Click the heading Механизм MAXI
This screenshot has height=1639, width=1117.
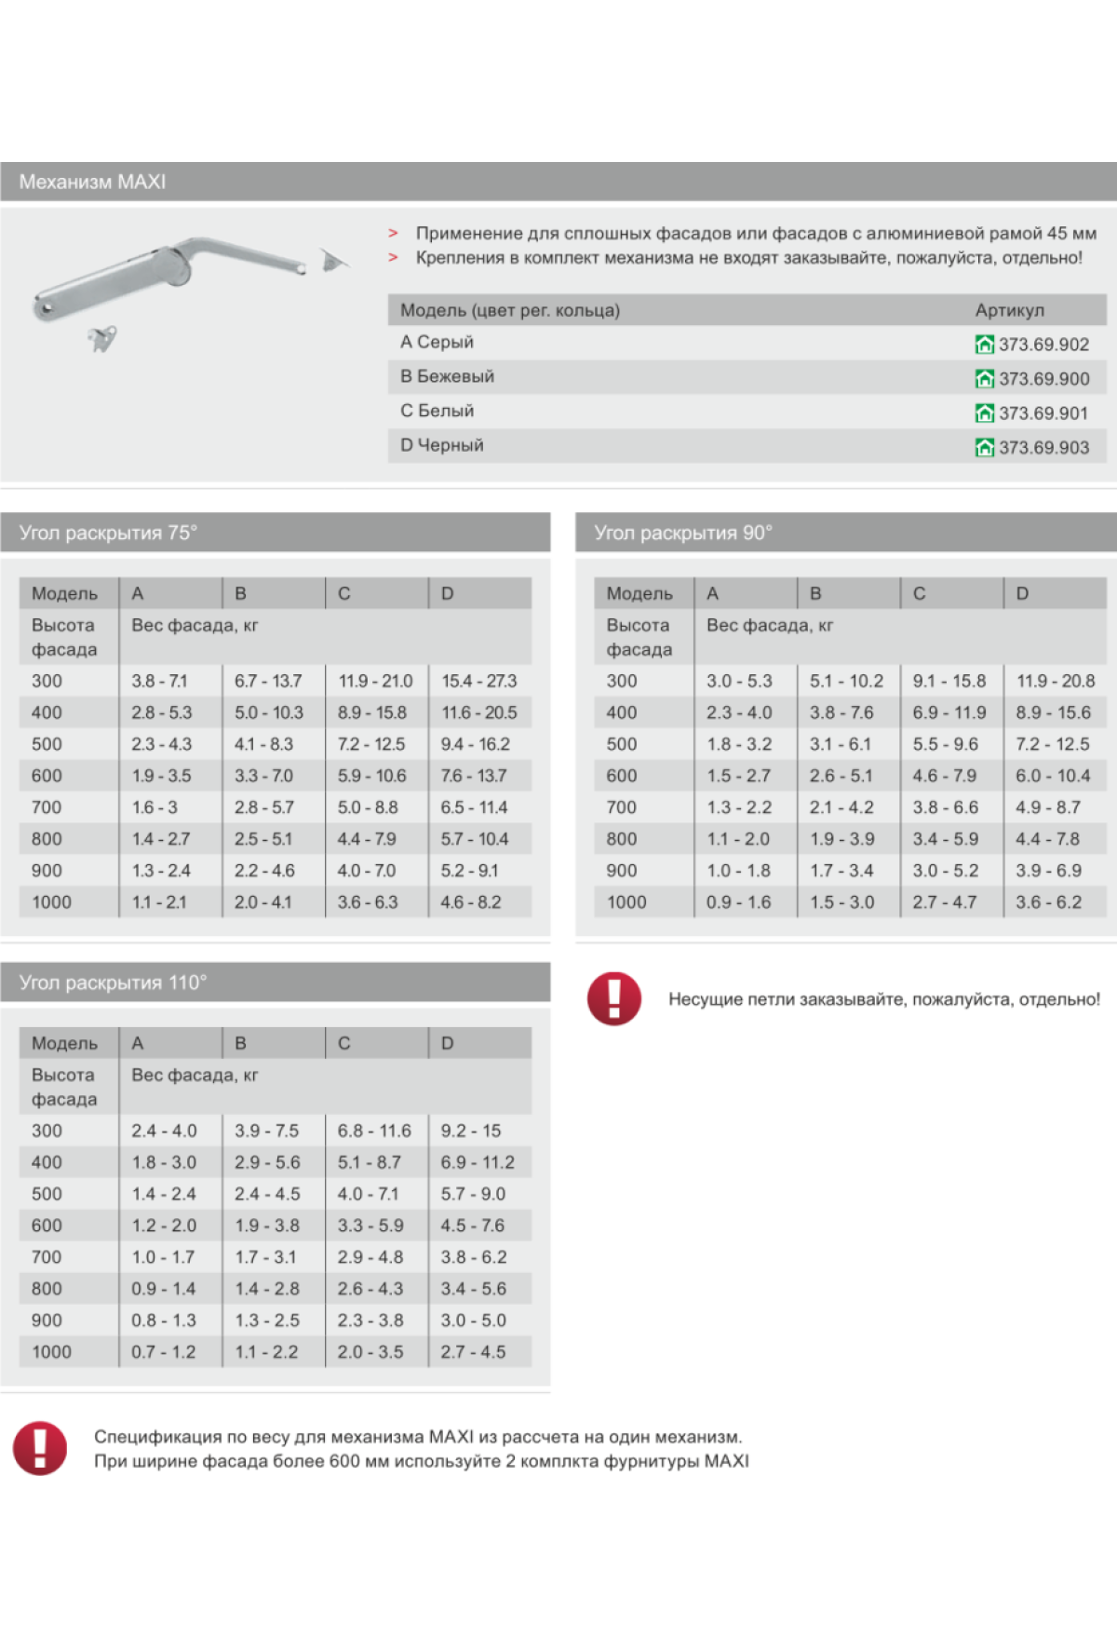pyautogui.click(x=92, y=183)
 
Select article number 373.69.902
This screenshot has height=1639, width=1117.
pyautogui.click(x=1043, y=345)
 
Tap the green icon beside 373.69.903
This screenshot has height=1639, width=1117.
pyautogui.click(x=984, y=448)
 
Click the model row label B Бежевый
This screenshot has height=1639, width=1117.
pyautogui.click(x=447, y=376)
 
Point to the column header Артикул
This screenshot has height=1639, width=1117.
pyautogui.click(x=1009, y=310)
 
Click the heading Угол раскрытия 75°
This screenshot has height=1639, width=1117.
pyautogui.click(x=108, y=533)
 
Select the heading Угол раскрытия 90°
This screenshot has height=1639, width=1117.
pyautogui.click(x=683, y=533)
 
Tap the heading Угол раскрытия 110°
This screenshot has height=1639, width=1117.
pyautogui.click(x=113, y=982)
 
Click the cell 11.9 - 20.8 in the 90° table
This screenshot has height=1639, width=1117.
pyautogui.click(x=1055, y=681)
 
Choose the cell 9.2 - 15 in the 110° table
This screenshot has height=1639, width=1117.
pyautogui.click(x=470, y=1131)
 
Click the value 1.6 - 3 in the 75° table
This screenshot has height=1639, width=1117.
pyautogui.click(x=155, y=807)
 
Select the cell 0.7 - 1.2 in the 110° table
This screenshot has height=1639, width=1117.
pyautogui.click(x=163, y=1351)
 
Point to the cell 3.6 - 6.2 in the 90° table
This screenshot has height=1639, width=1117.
pyautogui.click(x=1048, y=901)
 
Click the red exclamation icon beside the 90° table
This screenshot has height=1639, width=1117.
pyautogui.click(x=614, y=998)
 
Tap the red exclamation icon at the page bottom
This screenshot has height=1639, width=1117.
pyautogui.click(x=39, y=1448)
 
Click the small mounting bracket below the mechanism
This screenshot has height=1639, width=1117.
pyautogui.click(x=102, y=338)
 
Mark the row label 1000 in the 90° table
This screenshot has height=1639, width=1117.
pyautogui.click(x=626, y=901)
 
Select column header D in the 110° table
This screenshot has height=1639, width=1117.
pyautogui.click(x=447, y=1043)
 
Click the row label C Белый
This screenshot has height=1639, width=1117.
pyautogui.click(x=437, y=411)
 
